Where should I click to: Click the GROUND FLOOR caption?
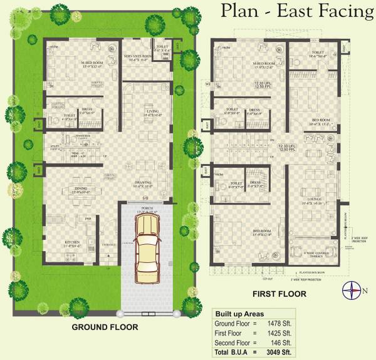tap(105, 327)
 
